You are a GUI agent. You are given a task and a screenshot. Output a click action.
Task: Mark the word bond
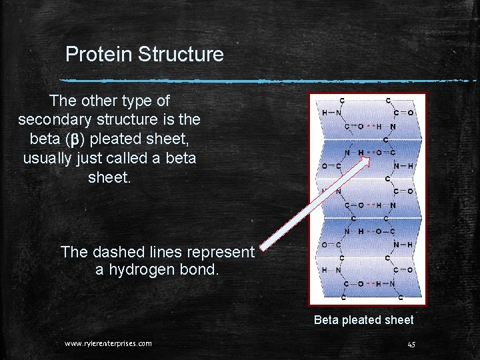click(x=200, y=270)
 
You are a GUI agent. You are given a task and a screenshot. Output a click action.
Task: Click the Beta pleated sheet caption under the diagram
click(x=363, y=320)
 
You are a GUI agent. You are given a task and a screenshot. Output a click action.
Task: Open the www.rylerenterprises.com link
click(x=108, y=343)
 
